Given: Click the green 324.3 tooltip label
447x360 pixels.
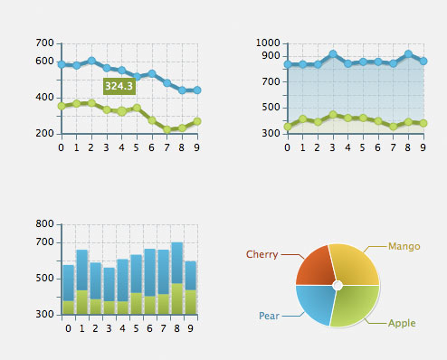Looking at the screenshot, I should pyautogui.click(x=119, y=86).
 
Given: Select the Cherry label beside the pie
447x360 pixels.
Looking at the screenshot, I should pyautogui.click(x=262, y=254).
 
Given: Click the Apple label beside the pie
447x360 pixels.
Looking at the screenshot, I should pyautogui.click(x=403, y=323).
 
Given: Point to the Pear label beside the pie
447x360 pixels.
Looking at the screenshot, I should pyautogui.click(x=269, y=316).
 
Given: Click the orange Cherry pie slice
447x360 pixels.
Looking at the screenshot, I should pyautogui.click(x=315, y=265).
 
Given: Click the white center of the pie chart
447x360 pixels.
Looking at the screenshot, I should pyautogui.click(x=337, y=285).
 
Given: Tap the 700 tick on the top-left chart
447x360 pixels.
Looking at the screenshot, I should pyautogui.click(x=44, y=43).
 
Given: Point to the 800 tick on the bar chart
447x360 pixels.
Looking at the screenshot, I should pyautogui.click(x=44, y=223).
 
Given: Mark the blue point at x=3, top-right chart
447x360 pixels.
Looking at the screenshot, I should pyautogui.click(x=333, y=54).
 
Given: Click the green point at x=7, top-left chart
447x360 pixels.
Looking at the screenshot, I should pyautogui.click(x=167, y=129).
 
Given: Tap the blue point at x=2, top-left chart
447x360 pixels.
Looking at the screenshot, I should pyautogui.click(x=91, y=61).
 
